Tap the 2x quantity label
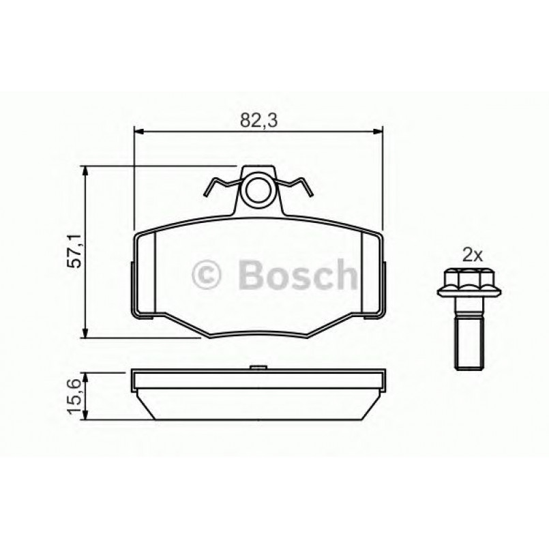tap(473, 256)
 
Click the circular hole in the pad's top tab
tap(258, 192)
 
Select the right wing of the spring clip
tap(297, 186)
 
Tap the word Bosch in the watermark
tap(297, 274)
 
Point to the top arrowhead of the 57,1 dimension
tap(85, 170)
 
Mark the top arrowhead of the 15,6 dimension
tap(85, 375)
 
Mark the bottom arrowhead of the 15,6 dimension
tap(85, 415)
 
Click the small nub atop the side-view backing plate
tap(258, 369)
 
